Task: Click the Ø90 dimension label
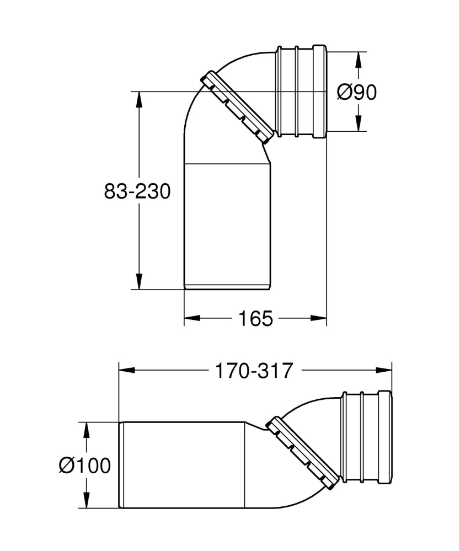click(357, 92)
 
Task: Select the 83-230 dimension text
click(137, 191)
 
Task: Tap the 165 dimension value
click(255, 318)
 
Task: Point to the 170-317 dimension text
click(254, 371)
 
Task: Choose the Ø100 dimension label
click(84, 466)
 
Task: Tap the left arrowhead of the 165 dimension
click(192, 318)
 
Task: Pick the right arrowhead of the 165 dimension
click(319, 318)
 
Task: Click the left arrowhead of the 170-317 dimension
click(128, 370)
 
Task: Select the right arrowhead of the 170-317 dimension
click(383, 370)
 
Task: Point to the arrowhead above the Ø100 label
click(86, 431)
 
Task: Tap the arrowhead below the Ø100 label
click(86, 500)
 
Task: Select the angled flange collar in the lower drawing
click(302, 453)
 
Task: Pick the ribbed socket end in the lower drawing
click(366, 436)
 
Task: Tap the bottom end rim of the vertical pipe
click(227, 287)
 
